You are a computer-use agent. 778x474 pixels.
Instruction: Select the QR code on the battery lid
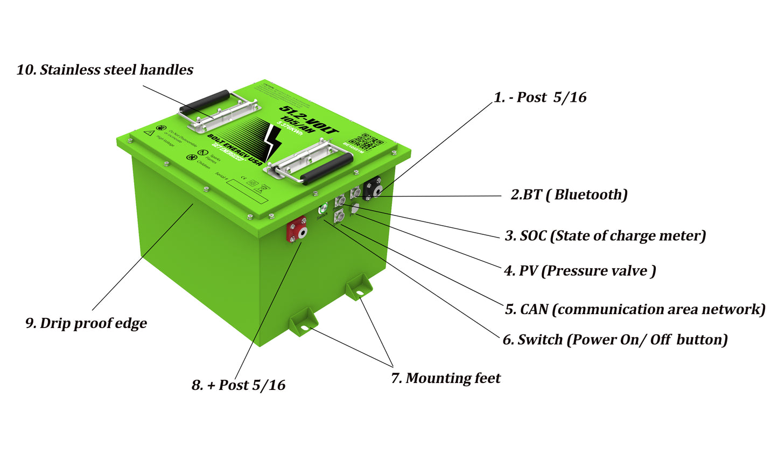[x=366, y=141]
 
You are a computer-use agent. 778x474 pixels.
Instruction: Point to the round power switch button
[x=323, y=208]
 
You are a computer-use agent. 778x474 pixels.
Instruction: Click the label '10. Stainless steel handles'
[x=105, y=70]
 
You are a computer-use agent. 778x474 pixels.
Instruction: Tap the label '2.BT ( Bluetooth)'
[x=569, y=195]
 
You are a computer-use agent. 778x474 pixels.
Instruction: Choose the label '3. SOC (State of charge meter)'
[x=605, y=236]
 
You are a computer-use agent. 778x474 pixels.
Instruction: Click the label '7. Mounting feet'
[x=446, y=379]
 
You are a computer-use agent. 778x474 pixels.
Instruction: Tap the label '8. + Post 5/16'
[x=239, y=385]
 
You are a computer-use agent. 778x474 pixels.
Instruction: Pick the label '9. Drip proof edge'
[x=86, y=323]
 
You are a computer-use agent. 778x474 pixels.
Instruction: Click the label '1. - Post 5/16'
[x=540, y=97]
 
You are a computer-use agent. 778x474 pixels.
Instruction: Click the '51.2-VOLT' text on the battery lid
[x=309, y=120]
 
